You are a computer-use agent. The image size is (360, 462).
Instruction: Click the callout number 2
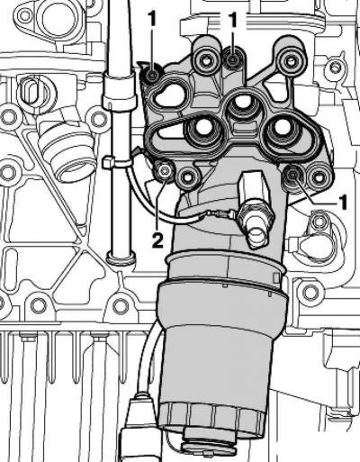tap(157, 240)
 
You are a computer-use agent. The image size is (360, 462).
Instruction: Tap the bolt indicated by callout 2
tap(164, 171)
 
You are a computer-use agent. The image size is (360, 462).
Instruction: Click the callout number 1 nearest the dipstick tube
tap(152, 20)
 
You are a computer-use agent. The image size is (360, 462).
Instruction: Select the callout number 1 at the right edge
tap(343, 202)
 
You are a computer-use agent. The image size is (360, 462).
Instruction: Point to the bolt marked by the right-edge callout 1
tap(292, 173)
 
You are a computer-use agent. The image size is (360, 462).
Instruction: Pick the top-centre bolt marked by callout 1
tap(232, 59)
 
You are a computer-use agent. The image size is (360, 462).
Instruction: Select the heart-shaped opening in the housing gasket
tap(170, 95)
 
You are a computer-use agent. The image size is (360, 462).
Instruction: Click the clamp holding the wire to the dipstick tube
tap(118, 164)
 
